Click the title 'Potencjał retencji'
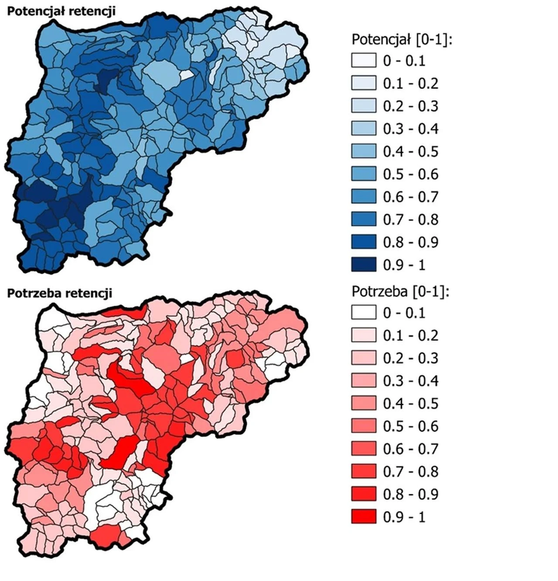pos(61,11)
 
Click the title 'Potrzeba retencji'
pos(60,293)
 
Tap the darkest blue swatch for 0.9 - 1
pos(364,265)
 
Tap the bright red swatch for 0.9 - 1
pos(364,517)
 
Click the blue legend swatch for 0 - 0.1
pos(364,61)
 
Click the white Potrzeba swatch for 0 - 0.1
pos(364,313)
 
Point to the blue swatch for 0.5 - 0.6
pos(364,174)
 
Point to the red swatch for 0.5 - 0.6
pos(364,426)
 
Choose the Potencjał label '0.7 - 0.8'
pos(411,219)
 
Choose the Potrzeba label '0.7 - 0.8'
pos(411,472)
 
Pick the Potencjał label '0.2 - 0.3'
pos(411,106)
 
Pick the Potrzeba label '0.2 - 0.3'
pos(411,358)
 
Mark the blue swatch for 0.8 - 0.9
pos(364,242)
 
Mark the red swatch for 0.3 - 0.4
pos(364,381)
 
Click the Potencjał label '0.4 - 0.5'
pos(411,151)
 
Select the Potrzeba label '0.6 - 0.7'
pos(411,449)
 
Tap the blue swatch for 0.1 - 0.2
pos(364,83)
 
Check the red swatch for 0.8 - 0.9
pos(364,494)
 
